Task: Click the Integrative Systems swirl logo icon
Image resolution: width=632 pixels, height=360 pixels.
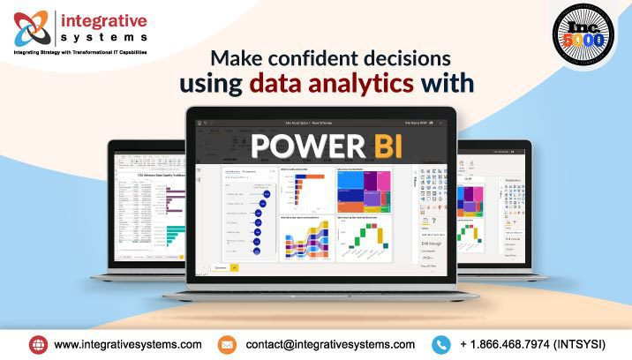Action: point(34,26)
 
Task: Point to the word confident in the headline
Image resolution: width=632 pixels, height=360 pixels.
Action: point(320,59)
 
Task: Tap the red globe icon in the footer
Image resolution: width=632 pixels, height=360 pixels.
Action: point(38,344)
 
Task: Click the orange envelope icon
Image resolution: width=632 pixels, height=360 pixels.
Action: point(227,344)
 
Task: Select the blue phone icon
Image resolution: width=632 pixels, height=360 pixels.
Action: point(441,344)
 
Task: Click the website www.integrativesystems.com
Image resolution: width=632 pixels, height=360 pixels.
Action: point(128,344)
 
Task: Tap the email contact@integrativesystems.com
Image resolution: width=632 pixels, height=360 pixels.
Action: point(330,344)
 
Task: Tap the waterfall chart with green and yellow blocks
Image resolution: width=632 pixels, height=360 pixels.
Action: point(365,238)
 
